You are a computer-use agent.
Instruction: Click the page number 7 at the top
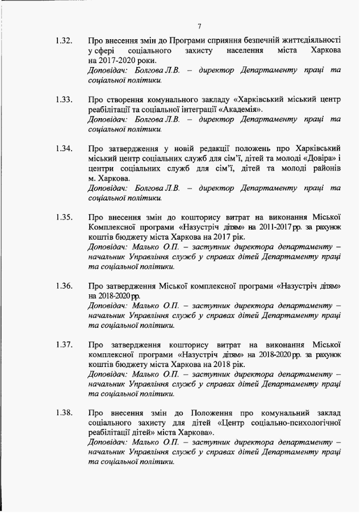click(x=200, y=26)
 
